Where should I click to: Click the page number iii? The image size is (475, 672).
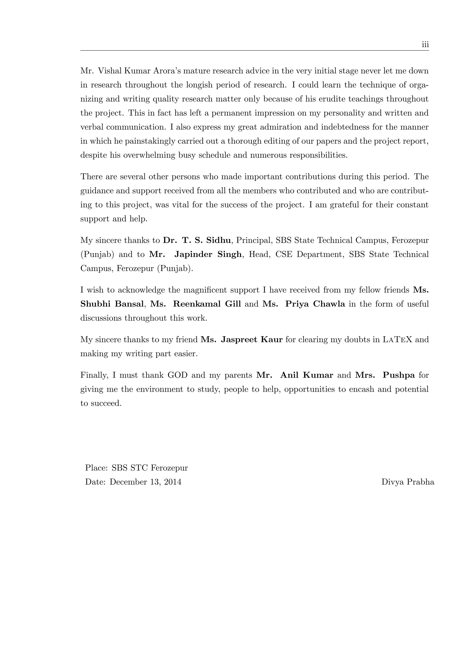425,45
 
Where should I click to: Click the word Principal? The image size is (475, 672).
254,240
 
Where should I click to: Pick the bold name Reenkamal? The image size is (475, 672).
196,304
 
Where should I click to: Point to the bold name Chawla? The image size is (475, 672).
329,304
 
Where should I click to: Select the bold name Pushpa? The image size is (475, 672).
399,375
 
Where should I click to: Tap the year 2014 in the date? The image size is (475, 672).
173,482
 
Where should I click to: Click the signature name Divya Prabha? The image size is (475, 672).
408,482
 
